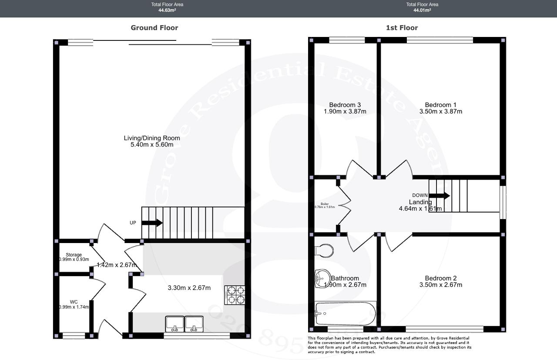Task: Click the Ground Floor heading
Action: point(154,28)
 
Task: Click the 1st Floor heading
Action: point(402,28)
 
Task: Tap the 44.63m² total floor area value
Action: point(167,10)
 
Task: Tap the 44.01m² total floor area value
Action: point(422,10)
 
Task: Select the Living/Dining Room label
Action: point(152,138)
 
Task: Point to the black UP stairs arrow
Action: point(152,223)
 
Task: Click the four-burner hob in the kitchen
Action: point(235,295)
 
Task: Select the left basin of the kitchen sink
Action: point(174,323)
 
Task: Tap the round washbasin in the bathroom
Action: point(322,278)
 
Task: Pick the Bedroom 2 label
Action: point(441,278)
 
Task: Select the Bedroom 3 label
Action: point(345,105)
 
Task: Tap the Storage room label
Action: point(74,255)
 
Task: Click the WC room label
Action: point(74,302)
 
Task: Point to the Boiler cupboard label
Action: point(325,203)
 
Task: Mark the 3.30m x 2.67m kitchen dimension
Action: point(189,288)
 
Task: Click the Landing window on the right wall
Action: point(502,203)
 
